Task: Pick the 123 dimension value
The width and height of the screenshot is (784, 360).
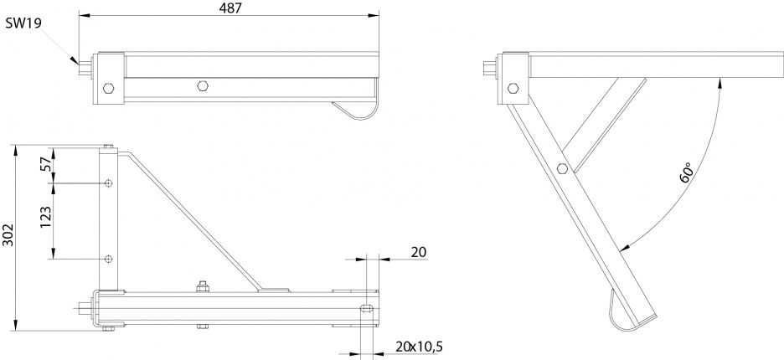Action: point(47,219)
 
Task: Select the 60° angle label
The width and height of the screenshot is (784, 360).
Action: point(686,173)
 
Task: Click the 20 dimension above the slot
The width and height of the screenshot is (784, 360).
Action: point(418,251)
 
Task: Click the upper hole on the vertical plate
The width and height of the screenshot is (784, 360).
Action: point(109,183)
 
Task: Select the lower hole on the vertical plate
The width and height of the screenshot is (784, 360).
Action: point(109,259)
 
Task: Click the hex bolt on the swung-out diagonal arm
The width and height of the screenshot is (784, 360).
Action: point(562,170)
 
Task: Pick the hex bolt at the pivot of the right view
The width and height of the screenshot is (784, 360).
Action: point(513,87)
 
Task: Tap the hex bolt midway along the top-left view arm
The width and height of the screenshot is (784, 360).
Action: point(202,85)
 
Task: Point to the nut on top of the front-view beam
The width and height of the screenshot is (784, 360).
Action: point(201,288)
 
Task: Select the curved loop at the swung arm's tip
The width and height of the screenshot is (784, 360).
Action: point(619,314)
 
